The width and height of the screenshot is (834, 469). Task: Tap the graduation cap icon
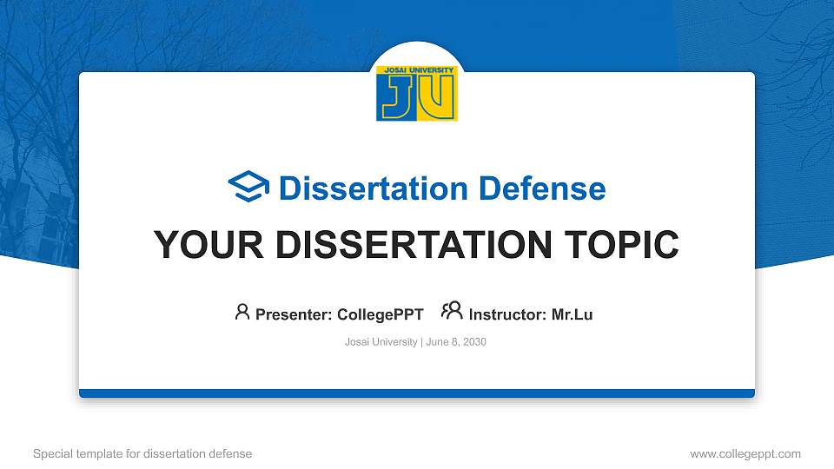(248, 188)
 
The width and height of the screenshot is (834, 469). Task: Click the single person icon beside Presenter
(242, 312)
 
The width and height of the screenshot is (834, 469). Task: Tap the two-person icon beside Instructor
(452, 311)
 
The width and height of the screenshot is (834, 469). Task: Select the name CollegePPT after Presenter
(380, 314)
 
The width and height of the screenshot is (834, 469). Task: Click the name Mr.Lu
(572, 314)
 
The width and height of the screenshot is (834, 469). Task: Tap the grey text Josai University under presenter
(381, 342)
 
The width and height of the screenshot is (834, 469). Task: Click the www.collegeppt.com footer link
(745, 453)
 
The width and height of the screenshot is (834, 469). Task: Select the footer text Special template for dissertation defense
(142, 453)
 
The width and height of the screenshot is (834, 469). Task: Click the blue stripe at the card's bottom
(416, 393)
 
